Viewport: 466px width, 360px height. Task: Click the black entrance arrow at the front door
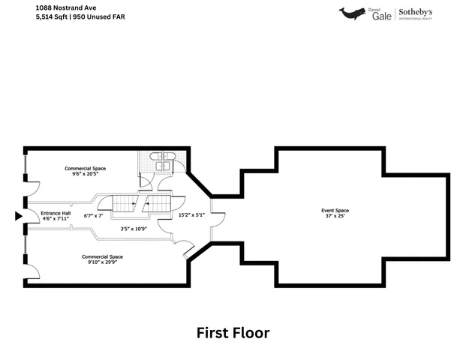(x=19, y=216)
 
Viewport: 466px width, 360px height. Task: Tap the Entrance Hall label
(x=56, y=212)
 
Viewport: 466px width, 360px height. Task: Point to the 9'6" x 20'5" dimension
(x=85, y=174)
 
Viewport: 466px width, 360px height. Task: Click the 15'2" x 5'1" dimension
(x=191, y=215)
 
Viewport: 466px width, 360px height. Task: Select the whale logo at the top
(x=352, y=13)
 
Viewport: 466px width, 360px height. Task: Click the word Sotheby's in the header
(x=415, y=12)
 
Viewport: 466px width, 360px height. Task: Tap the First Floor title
(x=233, y=332)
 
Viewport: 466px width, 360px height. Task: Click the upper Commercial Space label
(x=85, y=168)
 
